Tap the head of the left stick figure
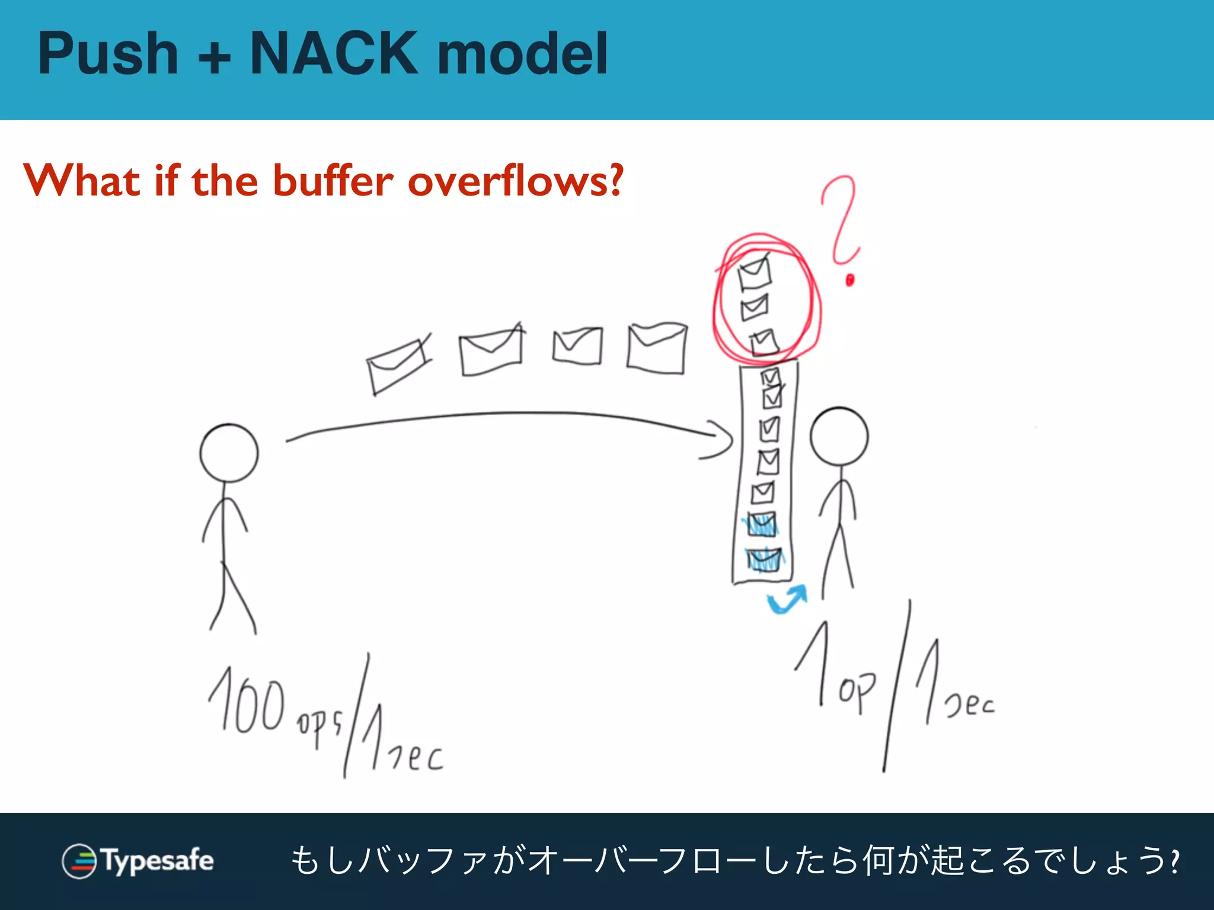click(229, 453)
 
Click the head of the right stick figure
click(839, 436)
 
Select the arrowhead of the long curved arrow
click(720, 441)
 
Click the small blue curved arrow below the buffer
click(787, 600)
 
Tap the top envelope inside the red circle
click(754, 273)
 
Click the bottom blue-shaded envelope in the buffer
click(764, 559)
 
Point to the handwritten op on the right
click(857, 691)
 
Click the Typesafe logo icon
click(79, 861)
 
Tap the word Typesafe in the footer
click(158, 860)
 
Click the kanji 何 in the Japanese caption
click(879, 861)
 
